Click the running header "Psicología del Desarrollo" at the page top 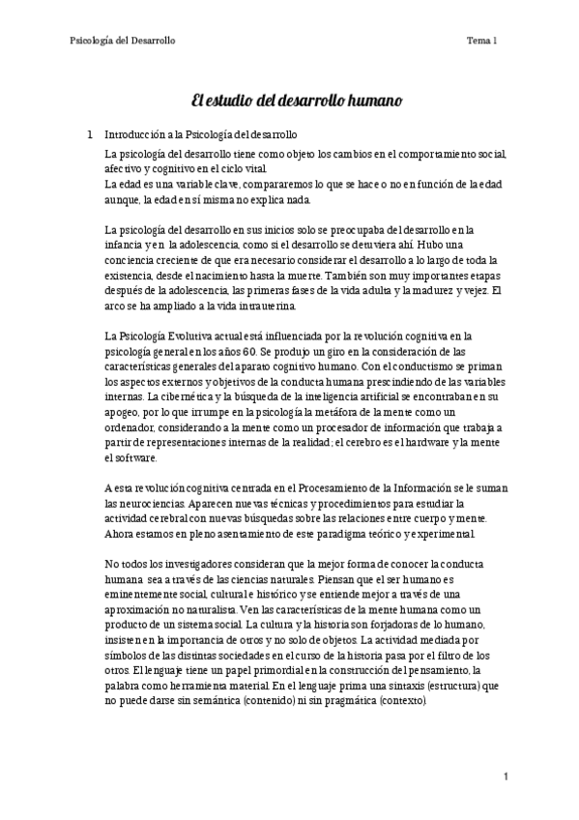pyautogui.click(x=123, y=40)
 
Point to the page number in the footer pyautogui.click(x=506, y=776)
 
